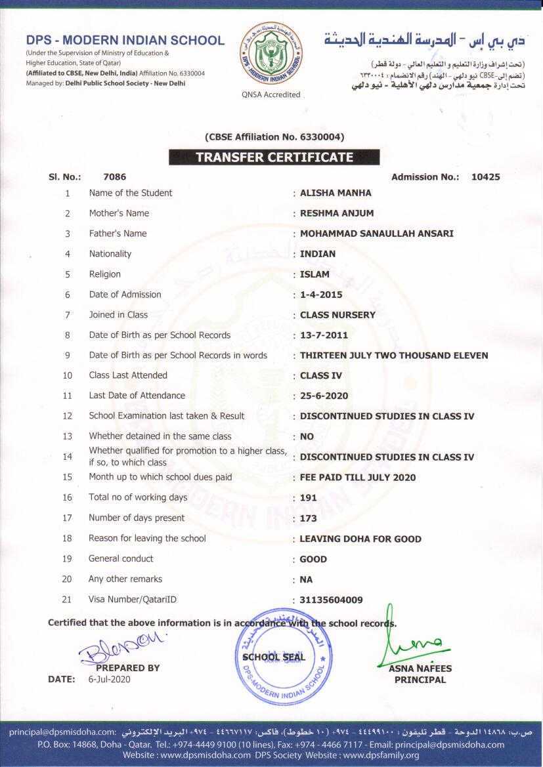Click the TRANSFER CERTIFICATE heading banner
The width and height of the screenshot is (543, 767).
tap(274, 157)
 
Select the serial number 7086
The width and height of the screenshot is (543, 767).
tap(115, 177)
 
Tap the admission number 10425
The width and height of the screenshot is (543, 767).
tap(485, 177)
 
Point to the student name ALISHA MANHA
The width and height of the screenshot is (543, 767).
tap(336, 193)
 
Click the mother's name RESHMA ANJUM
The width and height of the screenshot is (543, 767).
tap(336, 213)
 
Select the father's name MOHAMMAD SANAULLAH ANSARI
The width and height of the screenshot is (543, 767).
tap(376, 234)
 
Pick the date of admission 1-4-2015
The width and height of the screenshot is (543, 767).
tap(321, 295)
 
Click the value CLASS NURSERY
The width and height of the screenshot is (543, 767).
tap(337, 315)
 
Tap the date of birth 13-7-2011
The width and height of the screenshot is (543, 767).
tap(324, 335)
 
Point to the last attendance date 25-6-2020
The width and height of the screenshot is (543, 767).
tap(324, 396)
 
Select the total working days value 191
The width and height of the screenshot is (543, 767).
tap(308, 498)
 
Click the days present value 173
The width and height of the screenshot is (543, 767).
tap(308, 518)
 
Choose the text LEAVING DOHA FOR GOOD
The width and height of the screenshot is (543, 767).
tap(360, 539)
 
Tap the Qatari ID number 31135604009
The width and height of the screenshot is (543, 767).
tap(331, 600)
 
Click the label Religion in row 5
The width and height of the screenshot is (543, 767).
tap(105, 274)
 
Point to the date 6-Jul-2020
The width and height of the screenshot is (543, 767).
tap(109, 680)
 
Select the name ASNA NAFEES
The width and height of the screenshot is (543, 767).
tap(420, 669)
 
